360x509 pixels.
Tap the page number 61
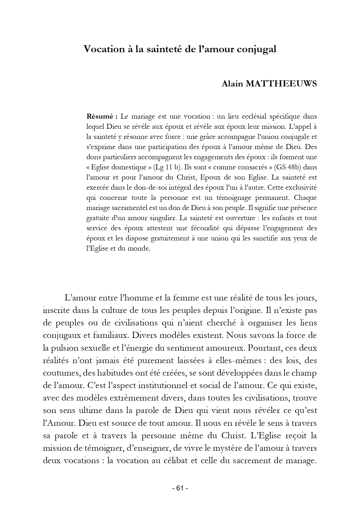point(180,488)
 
